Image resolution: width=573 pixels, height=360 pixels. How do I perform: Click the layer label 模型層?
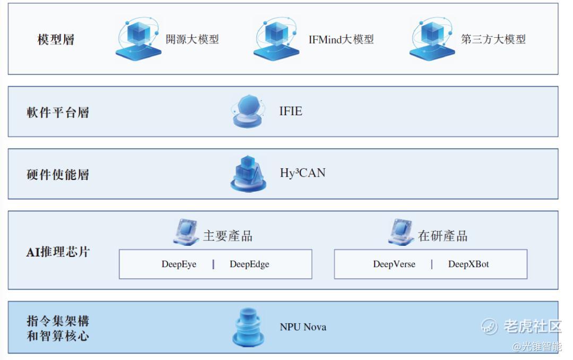pos(56,39)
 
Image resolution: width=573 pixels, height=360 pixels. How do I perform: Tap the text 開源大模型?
pos(192,39)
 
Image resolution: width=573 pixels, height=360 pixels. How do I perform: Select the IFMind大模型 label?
pos(341,39)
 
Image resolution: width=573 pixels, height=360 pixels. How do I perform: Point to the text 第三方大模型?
pos(493,39)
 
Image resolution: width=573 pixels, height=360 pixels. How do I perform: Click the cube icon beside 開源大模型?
pos(138,38)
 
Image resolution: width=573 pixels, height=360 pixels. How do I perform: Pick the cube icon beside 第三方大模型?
pos(432,38)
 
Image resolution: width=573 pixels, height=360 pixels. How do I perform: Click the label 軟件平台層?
pos(58,113)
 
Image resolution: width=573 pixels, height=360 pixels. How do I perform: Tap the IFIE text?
pos(291,111)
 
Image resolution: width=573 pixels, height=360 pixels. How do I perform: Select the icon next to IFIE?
pos(247,112)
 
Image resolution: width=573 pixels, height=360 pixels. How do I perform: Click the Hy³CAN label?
pos(302,173)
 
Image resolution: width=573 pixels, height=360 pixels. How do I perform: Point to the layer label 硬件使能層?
pos(58,175)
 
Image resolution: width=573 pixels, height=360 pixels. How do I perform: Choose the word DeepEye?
pos(179,264)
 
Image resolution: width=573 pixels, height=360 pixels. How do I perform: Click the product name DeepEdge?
pos(249,264)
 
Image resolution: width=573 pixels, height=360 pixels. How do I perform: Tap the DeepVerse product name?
pos(394,264)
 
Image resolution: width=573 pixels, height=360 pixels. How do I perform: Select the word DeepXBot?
pos(468,264)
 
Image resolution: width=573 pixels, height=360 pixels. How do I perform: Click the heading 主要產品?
pos(228,236)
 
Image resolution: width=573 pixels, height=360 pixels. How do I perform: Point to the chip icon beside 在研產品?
pos(401,232)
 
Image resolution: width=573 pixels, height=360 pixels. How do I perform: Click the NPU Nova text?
pos(303,327)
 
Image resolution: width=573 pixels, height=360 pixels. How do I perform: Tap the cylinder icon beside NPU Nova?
pos(248,328)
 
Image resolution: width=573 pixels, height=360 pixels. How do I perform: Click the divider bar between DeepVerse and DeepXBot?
pos(432,264)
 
